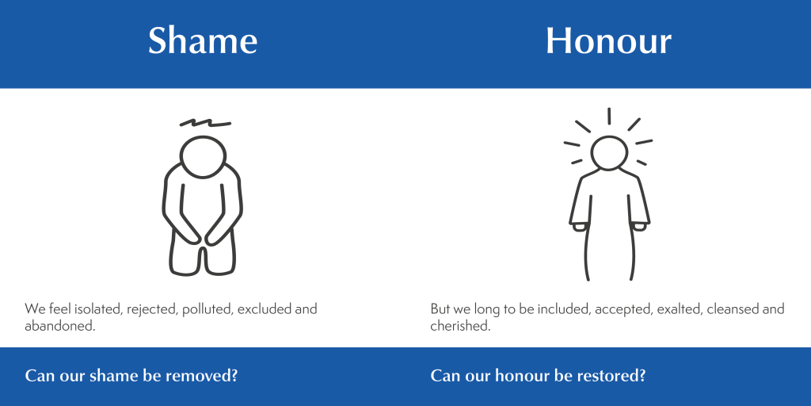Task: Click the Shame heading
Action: pyautogui.click(x=203, y=40)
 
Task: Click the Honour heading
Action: pyautogui.click(x=609, y=40)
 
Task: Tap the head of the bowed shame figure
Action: pyautogui.click(x=204, y=157)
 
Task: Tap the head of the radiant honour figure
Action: pyautogui.click(x=609, y=153)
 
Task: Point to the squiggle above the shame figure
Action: pyautogui.click(x=205, y=123)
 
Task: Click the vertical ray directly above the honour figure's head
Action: pyautogui.click(x=609, y=116)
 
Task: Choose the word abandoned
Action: pyautogui.click(x=60, y=327)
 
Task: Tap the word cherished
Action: pyautogui.click(x=460, y=327)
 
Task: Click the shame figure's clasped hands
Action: pyautogui.click(x=202, y=237)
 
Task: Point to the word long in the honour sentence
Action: pyautogui.click(x=485, y=310)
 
